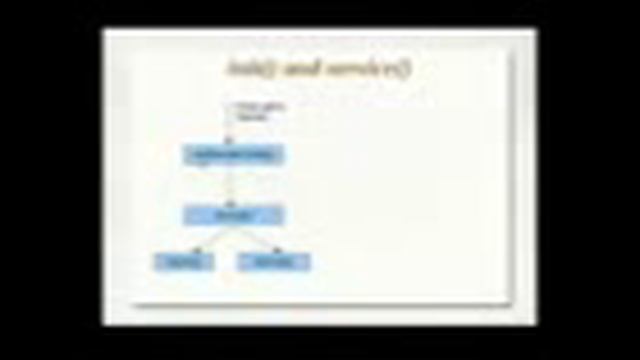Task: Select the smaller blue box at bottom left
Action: [x=184, y=262]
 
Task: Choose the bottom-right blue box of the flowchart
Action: [x=274, y=262]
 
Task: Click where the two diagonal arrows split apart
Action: [x=233, y=226]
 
